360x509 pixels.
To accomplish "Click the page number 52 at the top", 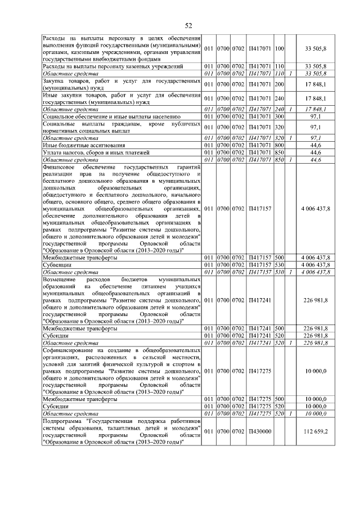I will click(x=188, y=25).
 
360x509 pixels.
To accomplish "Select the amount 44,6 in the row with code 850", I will click(x=319, y=152).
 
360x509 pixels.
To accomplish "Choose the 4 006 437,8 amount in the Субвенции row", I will click(x=316, y=264).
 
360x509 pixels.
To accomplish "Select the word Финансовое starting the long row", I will click(x=61, y=168).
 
